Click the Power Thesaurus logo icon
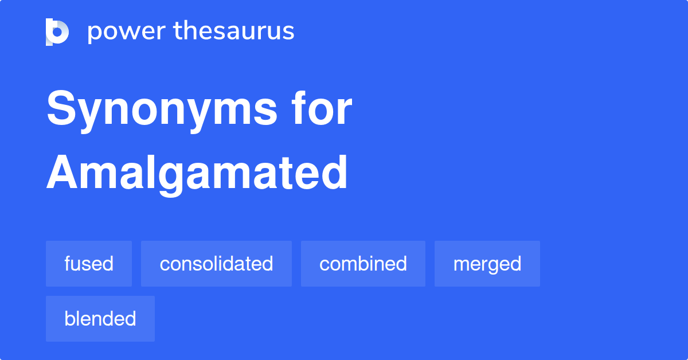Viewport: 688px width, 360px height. (57, 32)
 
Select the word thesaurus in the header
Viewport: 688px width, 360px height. (234, 32)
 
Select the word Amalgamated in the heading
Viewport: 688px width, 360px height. (197, 173)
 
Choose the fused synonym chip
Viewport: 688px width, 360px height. (89, 264)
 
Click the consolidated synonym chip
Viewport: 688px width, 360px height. (216, 264)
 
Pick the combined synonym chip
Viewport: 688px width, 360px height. (363, 264)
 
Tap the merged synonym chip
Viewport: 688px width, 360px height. (487, 264)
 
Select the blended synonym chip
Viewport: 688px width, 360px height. (100, 319)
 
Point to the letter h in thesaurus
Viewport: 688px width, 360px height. (190, 30)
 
